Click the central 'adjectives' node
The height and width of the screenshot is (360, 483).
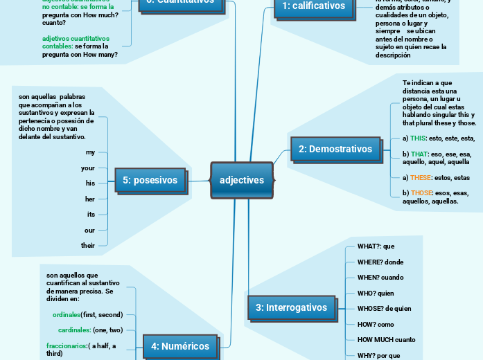242,180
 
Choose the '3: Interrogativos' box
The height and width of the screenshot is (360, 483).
291,307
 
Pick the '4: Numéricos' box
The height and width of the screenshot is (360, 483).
180,346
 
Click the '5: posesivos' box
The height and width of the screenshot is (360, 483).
150,181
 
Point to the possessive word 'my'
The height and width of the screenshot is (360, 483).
90,152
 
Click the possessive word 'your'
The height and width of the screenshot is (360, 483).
88,168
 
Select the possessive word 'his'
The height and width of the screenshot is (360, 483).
90,183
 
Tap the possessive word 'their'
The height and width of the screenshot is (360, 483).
88,246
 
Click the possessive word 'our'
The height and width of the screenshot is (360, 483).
89,230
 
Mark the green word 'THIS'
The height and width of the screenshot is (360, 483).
419,138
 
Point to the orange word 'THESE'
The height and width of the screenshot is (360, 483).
421,178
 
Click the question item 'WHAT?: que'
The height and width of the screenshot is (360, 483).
376,246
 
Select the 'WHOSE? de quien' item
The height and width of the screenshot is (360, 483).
384,309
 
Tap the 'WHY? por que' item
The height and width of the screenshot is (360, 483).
378,355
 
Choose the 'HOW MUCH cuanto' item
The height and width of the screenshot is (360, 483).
386,340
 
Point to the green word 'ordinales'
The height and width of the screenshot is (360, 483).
67,314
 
